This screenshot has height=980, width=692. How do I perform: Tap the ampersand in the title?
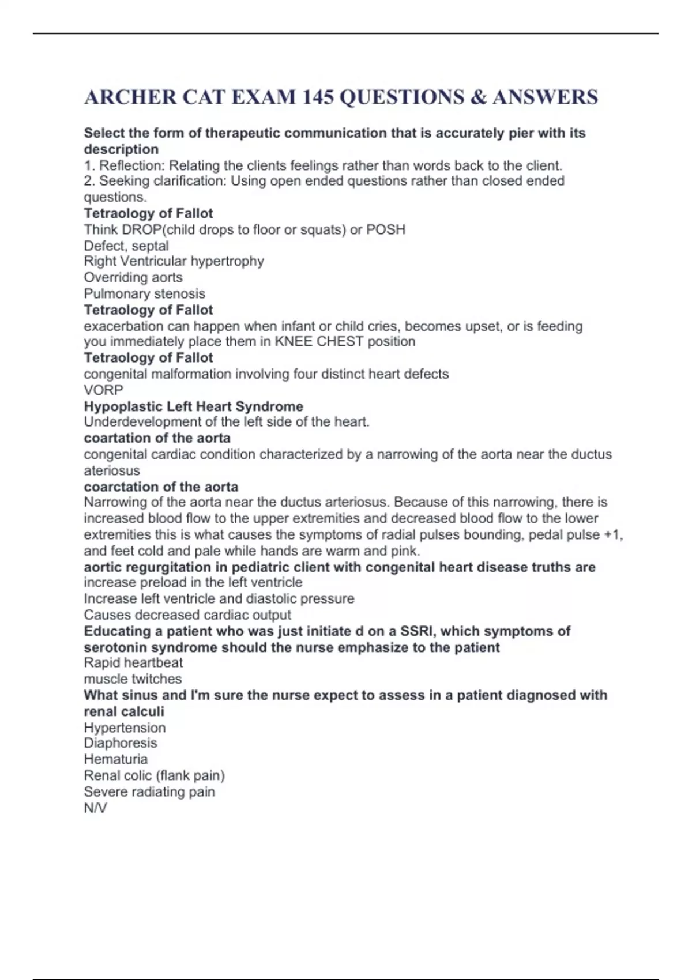coord(478,97)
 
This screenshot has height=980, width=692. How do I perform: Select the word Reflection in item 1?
coord(131,165)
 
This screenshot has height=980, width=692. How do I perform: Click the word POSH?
coord(386,229)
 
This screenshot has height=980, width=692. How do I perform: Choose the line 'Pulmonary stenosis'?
coord(144,293)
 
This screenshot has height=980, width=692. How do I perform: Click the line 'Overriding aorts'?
coord(133,277)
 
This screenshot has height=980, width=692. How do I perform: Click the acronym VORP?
coord(103,390)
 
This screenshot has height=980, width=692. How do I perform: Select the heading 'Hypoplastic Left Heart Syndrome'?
coord(193,406)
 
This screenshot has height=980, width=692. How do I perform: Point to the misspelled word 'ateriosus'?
coord(112,470)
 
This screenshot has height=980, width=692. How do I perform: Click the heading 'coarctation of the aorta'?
coord(161,487)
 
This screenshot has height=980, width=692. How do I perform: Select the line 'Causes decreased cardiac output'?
coord(187,615)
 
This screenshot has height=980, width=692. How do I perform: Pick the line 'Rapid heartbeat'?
coord(133,663)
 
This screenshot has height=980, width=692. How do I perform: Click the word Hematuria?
coord(116,759)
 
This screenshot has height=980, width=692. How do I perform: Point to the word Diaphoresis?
coord(121,743)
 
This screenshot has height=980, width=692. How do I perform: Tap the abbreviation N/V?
coord(95,808)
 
